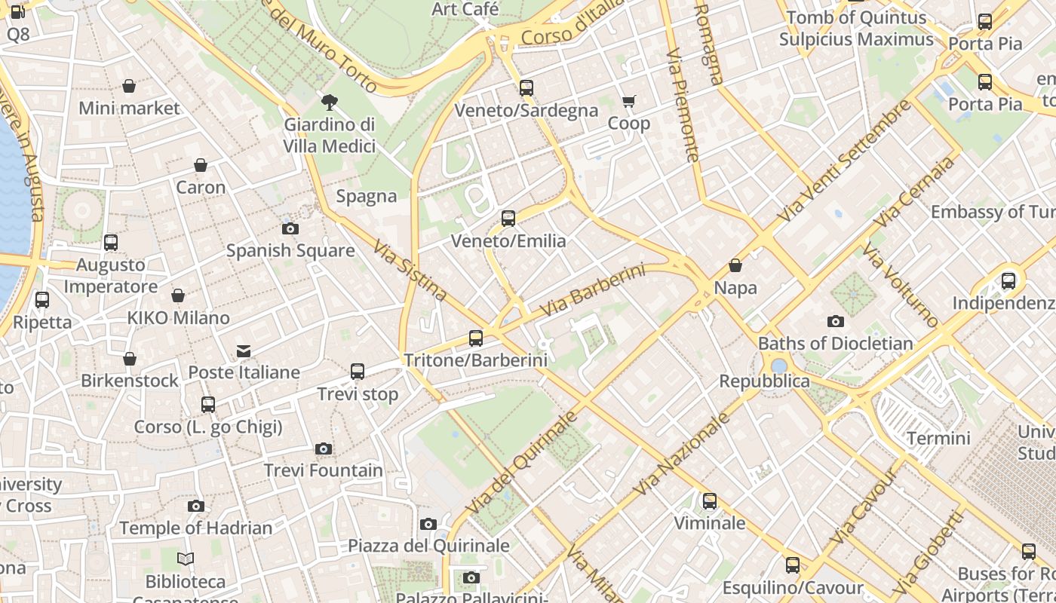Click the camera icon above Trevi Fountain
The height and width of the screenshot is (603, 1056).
[x=324, y=449]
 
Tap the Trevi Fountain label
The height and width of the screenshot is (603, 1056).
[x=324, y=471]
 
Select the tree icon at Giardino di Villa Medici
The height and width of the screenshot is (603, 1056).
[x=329, y=103]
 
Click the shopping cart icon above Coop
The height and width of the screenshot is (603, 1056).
[x=628, y=102]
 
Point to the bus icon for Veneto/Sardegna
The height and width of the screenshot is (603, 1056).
[x=526, y=88]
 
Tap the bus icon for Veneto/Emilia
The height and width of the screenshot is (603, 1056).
[x=508, y=219]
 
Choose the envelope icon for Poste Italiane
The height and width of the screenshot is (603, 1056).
[x=244, y=350]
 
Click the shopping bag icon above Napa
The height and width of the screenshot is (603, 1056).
[x=735, y=265]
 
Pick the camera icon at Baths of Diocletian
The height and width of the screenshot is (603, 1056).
[x=835, y=321]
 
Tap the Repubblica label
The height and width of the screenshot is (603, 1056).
[x=764, y=381]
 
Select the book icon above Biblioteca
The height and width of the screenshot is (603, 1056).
[x=186, y=559]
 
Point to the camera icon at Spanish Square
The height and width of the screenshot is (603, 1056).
[x=290, y=228]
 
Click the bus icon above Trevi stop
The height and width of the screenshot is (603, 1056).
[x=358, y=372]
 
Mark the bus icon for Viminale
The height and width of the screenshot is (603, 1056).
[x=710, y=501]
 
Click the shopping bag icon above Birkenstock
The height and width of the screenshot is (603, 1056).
[x=130, y=359]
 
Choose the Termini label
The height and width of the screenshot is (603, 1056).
[x=938, y=438]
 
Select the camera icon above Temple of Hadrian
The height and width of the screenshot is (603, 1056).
[x=196, y=506]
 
